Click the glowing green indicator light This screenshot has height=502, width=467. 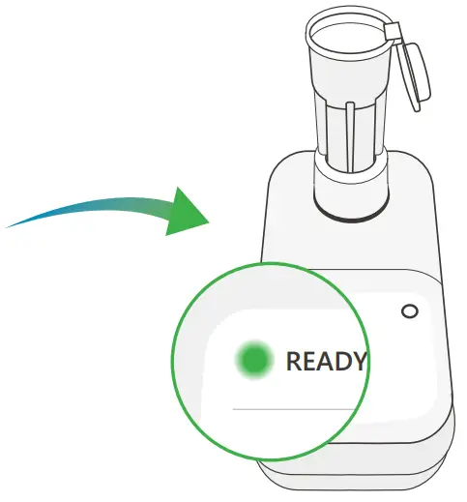253,360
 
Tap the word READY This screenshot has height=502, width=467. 326,362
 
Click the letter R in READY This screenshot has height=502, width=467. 293,362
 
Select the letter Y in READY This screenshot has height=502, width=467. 358,362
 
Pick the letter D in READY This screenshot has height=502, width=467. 341,362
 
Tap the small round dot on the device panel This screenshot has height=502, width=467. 409,311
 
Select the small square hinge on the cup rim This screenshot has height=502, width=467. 392,33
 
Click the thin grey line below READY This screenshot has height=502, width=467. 290,408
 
